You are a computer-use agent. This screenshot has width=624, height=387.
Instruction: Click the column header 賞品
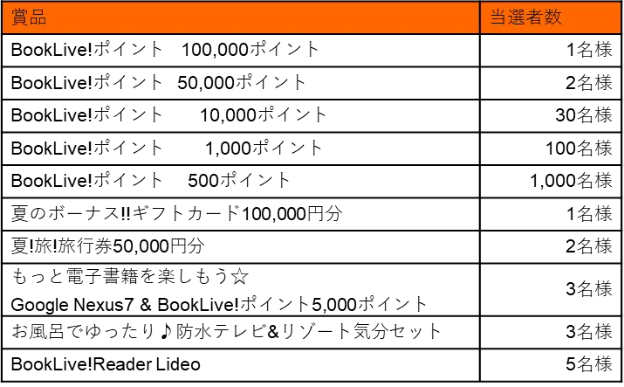[29, 17]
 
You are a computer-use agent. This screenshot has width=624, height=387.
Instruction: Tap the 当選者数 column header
[525, 17]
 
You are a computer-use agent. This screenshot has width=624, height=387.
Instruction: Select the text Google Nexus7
[72, 305]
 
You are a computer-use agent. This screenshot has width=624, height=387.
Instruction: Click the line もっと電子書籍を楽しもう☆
[130, 276]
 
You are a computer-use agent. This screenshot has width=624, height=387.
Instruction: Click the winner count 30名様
[584, 115]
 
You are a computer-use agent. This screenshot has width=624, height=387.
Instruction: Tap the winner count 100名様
[579, 149]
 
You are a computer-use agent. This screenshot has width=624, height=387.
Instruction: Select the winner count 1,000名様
[571, 181]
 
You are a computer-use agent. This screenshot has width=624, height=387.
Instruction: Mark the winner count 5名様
[589, 364]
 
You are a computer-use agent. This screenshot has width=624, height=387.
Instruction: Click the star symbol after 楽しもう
[240, 276]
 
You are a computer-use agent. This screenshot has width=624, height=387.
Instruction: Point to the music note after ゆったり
[166, 331]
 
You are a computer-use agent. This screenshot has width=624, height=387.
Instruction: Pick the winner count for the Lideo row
[589, 364]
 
